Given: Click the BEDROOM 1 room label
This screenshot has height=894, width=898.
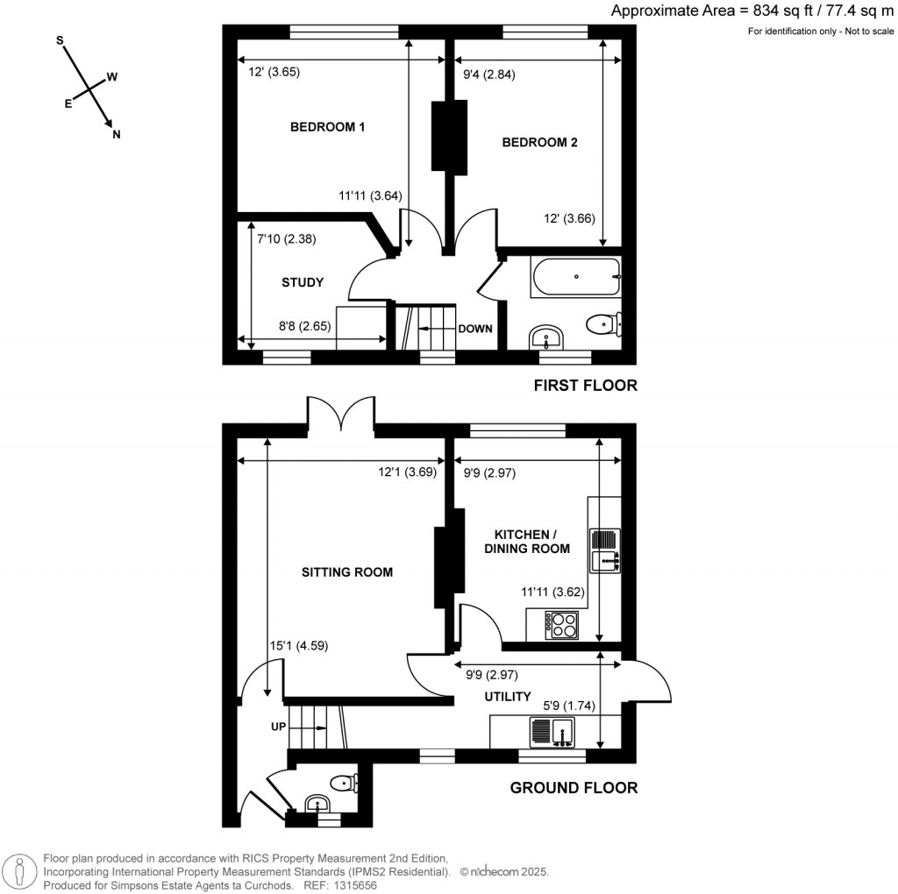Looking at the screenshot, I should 327,127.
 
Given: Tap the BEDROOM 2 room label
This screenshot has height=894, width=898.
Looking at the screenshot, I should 538,143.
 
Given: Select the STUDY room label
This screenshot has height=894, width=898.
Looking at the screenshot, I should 303,282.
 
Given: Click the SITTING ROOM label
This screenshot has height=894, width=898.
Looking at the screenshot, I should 346,572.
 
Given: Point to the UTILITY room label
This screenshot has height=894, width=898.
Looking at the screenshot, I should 508,697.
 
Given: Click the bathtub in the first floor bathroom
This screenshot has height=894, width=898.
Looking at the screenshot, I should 575,277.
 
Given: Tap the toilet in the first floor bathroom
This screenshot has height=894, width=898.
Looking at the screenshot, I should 603,324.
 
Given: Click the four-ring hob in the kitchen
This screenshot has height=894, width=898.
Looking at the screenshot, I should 561,625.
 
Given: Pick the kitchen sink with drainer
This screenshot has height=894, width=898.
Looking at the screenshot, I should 605,550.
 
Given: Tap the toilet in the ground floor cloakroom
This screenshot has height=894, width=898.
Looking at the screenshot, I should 342,783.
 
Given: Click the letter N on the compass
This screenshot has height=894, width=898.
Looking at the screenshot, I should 116,135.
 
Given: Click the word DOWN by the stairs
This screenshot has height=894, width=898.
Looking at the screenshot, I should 474,329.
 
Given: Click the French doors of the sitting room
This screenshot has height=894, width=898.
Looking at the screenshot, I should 341,414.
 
